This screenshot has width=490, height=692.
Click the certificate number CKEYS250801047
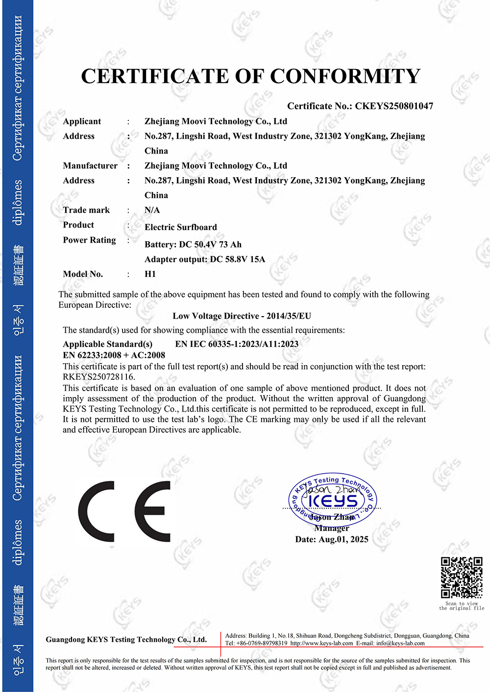coord(394,106)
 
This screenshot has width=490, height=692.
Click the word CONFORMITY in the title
coord(345,76)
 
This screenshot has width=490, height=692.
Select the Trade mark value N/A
coord(152,210)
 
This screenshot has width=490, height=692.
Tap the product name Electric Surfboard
coord(180,227)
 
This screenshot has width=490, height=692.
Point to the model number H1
coord(150,274)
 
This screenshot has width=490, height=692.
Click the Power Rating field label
coord(89,240)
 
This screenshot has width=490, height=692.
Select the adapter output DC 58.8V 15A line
coord(205,259)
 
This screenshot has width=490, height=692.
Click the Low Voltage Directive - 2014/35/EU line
coord(242,316)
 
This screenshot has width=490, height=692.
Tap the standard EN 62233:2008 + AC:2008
coord(114,355)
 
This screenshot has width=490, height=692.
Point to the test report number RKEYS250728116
coord(99,377)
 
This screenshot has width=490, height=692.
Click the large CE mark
coord(124,511)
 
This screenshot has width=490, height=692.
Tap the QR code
coord(462,577)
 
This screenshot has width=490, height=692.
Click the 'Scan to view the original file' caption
coord(462,606)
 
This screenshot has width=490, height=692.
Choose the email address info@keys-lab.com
coord(400,644)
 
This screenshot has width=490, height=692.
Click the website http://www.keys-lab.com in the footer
coord(321,644)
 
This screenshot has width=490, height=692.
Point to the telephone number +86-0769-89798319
coord(260,644)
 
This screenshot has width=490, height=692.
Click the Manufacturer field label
coord(90,165)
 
